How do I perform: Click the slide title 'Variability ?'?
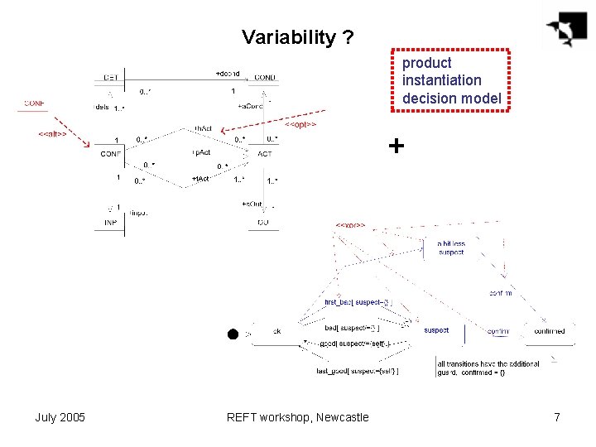click(298, 37)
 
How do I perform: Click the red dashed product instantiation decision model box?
click(451, 80)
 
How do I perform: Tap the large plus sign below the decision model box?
click(397, 147)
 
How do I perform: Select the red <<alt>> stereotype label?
click(52, 133)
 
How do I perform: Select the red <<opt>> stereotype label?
click(301, 124)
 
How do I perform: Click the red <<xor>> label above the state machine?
click(350, 224)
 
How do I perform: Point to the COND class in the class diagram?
click(265, 78)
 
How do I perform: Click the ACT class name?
click(265, 154)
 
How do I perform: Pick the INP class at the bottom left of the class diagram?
click(110, 223)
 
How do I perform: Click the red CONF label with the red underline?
click(35, 103)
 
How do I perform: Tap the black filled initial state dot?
click(233, 334)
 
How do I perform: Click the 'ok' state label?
click(277, 331)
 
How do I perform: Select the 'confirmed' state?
click(549, 331)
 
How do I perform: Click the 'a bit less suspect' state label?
click(451, 248)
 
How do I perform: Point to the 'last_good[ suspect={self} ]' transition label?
click(357, 371)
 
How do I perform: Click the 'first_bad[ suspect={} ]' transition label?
click(358, 302)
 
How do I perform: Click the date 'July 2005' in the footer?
click(60, 417)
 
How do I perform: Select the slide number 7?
click(557, 417)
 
